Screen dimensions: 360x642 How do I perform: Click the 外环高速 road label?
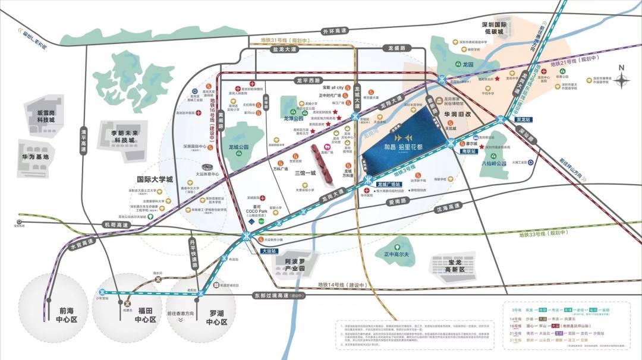[333, 31]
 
